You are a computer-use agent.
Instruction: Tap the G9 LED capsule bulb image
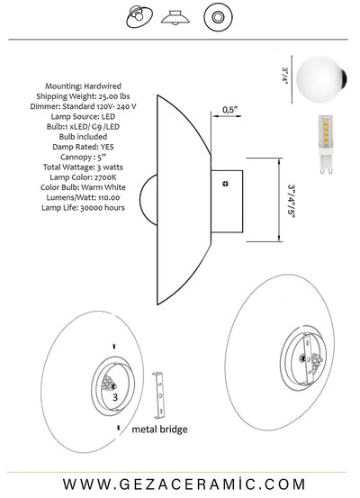326,144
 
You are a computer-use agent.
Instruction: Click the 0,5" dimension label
229,110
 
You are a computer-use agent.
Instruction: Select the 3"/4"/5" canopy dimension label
291,200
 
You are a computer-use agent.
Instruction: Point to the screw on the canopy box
225,184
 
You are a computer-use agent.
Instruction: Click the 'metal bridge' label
159,430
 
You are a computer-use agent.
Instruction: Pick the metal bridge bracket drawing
159,395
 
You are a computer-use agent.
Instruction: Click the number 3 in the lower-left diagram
115,397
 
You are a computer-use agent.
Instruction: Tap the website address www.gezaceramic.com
184,484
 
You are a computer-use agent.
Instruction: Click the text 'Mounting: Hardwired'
83,86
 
